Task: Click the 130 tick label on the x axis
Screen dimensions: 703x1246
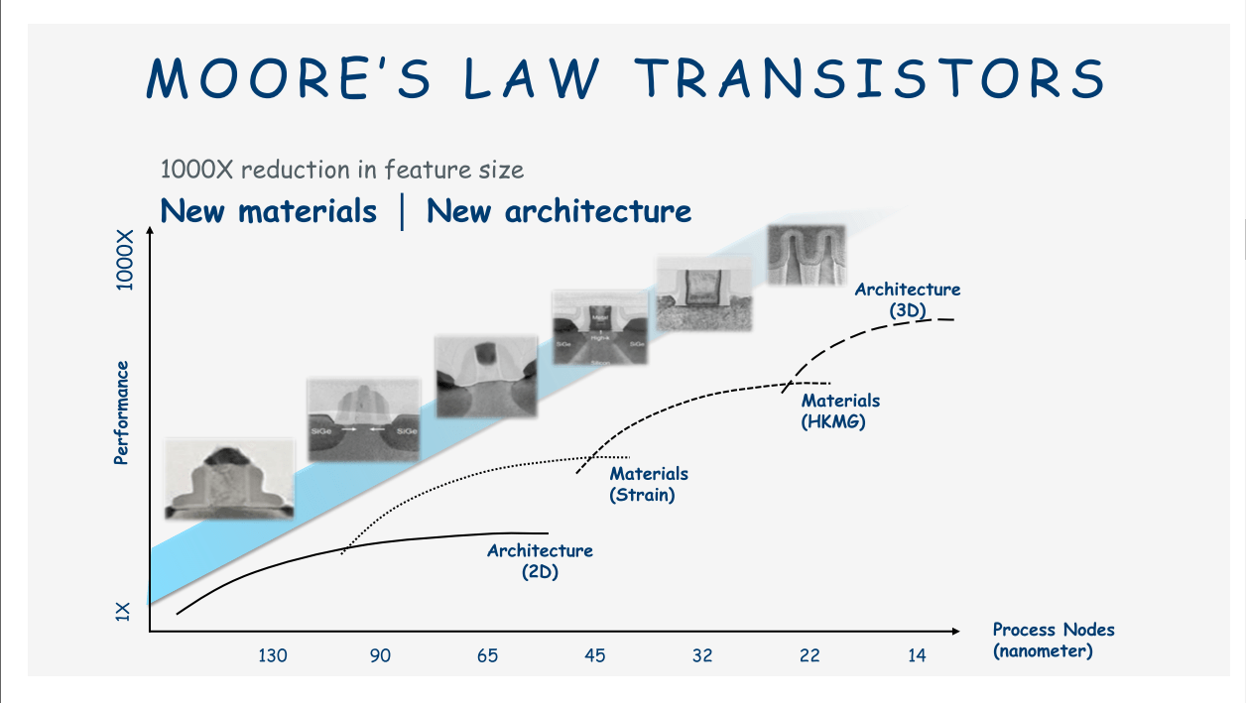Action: pyautogui.click(x=273, y=655)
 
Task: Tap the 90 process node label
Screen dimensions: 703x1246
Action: pyautogui.click(x=380, y=655)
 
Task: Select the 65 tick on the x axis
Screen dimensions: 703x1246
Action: pyautogui.click(x=487, y=655)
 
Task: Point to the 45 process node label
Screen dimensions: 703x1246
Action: pyautogui.click(x=594, y=655)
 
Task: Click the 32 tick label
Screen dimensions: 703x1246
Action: pyautogui.click(x=702, y=655)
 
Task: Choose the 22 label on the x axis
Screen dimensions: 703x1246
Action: pyautogui.click(x=810, y=655)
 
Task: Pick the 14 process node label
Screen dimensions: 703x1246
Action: pyautogui.click(x=917, y=655)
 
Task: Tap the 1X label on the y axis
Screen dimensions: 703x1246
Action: pyautogui.click(x=123, y=611)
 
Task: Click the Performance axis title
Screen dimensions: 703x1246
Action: pyautogui.click(x=121, y=412)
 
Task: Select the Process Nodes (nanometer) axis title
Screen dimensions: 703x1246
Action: pyautogui.click(x=1053, y=641)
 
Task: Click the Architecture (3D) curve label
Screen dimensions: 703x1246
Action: pyautogui.click(x=908, y=299)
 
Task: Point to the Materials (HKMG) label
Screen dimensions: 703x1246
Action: pyautogui.click(x=840, y=410)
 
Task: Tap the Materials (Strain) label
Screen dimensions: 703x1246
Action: pyautogui.click(x=648, y=484)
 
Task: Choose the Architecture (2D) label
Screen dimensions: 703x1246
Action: pyautogui.click(x=540, y=560)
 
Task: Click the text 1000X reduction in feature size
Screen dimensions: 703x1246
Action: pyautogui.click(x=342, y=170)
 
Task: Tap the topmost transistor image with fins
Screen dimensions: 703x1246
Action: pyautogui.click(x=806, y=255)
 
